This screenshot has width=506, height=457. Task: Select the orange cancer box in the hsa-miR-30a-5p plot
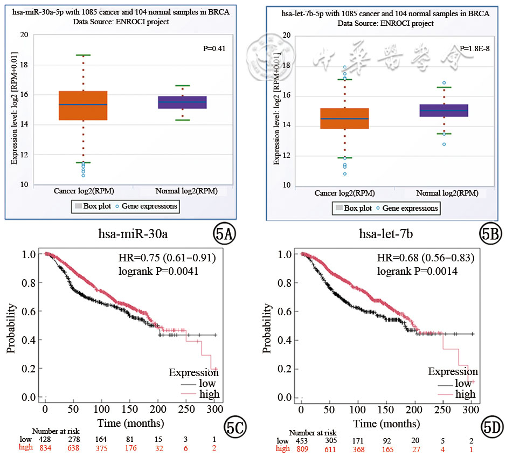(83, 106)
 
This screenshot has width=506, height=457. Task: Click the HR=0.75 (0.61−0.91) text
(167, 258)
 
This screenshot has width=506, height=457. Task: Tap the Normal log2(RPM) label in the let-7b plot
(447, 193)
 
